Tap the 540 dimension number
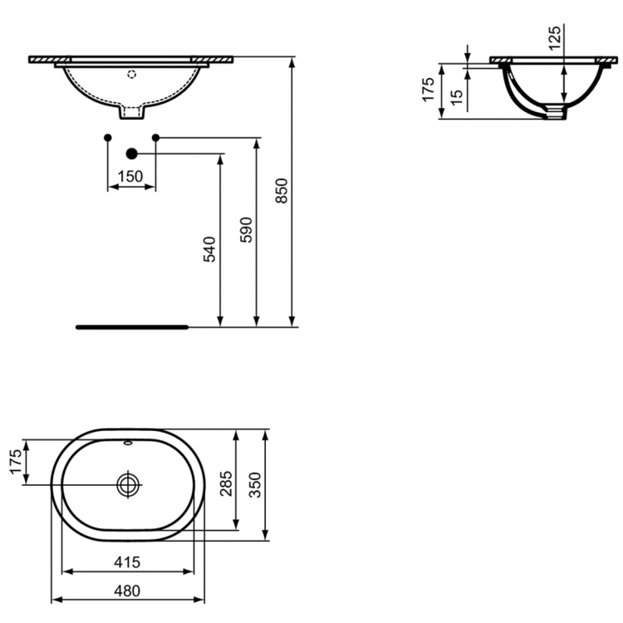coord(209,249)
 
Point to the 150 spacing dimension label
coord(130,176)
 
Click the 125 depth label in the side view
coord(556,39)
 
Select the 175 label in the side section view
coord(429,90)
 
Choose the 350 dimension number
coord(257,483)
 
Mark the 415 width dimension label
coord(126,562)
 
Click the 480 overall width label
coord(126,591)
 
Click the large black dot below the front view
coord(131,153)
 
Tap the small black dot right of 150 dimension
coord(155,136)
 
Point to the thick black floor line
coord(133,327)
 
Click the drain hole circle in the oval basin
coord(130,484)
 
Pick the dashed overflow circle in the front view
coord(130,74)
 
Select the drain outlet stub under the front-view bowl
coord(131,110)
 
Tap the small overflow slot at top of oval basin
coord(129,443)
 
